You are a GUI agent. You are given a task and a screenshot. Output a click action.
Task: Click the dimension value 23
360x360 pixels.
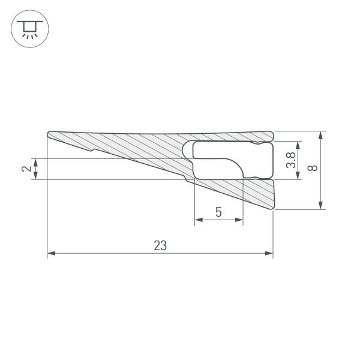pyautogui.click(x=160, y=245)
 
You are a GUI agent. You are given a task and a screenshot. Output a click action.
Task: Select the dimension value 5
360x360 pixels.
pyautogui.click(x=218, y=212)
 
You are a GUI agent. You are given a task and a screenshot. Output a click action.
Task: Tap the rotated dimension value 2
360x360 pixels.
pyautogui.click(x=26, y=169)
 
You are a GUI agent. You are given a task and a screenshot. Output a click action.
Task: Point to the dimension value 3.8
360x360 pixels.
pyautogui.click(x=290, y=160)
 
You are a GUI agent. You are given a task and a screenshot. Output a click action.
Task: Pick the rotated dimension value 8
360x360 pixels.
pyautogui.click(x=311, y=169)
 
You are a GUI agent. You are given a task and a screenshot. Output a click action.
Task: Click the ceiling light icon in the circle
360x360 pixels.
pyautogui.click(x=30, y=29)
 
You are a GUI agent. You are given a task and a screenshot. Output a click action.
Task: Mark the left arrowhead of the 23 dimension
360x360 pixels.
pyautogui.click(x=50, y=254)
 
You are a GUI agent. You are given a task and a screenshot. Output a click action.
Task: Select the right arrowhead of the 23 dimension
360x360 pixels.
pyautogui.click(x=269, y=254)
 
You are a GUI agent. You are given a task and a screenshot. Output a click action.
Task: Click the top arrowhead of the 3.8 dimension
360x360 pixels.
pyautogui.click(x=299, y=145)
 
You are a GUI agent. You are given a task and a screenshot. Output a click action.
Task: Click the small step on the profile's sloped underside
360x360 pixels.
pyautogui.click(x=91, y=151)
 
